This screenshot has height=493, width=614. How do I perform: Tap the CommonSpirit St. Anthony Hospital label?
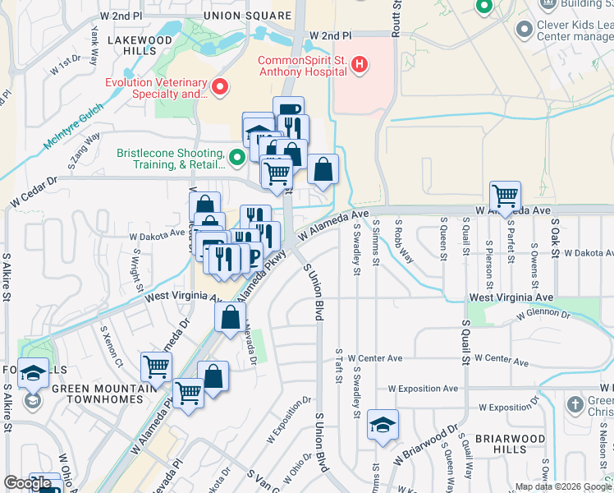[x=300, y=67]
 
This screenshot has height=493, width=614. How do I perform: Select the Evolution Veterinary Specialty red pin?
[x=219, y=86]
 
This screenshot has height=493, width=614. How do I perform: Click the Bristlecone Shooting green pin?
[x=237, y=156]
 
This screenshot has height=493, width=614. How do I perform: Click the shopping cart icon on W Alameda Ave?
[x=504, y=196]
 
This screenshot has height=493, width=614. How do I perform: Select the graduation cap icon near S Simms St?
[x=382, y=424]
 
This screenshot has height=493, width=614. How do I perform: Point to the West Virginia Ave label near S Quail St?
[x=511, y=297]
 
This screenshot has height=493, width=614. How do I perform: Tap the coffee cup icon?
[x=288, y=111]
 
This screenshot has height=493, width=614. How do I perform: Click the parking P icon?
[x=253, y=257]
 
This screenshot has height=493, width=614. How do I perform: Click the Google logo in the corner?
[x=26, y=484]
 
